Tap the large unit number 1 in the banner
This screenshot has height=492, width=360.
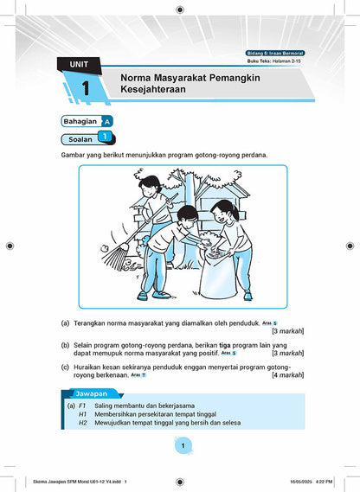coord(86,88)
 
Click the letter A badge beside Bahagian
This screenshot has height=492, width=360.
coord(106,121)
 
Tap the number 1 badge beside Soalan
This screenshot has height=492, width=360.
coord(104,137)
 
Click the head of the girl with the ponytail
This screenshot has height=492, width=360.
coord(222,210)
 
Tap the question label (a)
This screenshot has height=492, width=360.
coord(66,323)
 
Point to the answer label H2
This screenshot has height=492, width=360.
coord(82,424)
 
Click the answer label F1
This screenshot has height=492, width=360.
coord(82,405)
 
